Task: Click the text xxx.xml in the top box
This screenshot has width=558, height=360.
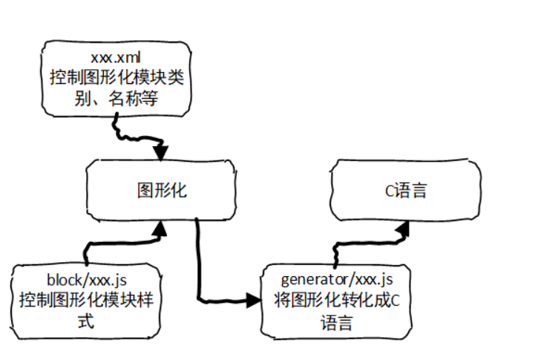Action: pyautogui.click(x=116, y=57)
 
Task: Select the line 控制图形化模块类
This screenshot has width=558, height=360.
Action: pyautogui.click(x=116, y=76)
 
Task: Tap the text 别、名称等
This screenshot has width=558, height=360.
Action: pyautogui.click(x=116, y=96)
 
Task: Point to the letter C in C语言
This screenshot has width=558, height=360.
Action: pyautogui.click(x=388, y=191)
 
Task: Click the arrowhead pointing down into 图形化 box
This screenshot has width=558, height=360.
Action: pyautogui.click(x=161, y=153)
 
